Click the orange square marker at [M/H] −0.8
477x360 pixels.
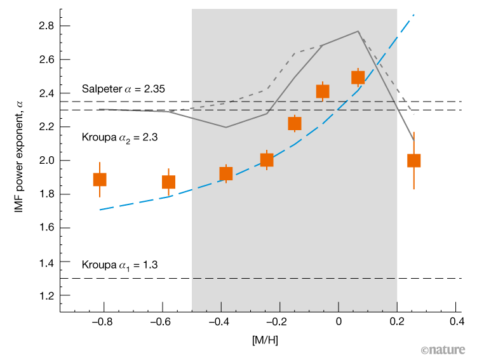100,179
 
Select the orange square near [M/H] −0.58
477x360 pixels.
168,182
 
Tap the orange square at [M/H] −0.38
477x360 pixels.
226,173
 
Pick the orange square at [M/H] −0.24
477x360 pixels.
267,160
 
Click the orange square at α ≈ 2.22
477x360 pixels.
295,123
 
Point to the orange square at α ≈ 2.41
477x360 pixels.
323,91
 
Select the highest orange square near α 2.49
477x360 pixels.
358,77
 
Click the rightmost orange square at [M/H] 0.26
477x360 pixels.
414,160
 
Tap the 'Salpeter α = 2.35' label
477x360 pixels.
123,89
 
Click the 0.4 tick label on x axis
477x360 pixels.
455,322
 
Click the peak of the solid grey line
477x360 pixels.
358,31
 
